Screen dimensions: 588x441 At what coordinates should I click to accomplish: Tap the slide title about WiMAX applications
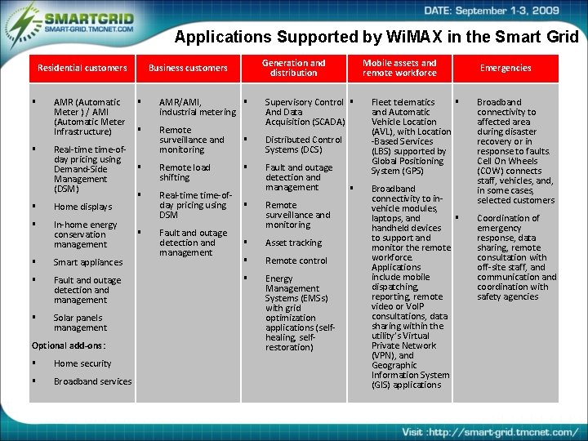coord(376,37)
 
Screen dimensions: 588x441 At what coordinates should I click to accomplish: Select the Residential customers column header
coord(82,68)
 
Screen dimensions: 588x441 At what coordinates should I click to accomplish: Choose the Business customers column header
coord(188,68)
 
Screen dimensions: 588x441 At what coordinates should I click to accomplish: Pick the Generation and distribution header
coord(294,68)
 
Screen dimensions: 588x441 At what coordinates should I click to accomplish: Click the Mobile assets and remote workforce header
coord(399,68)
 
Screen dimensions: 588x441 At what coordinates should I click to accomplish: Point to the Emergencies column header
coord(506,68)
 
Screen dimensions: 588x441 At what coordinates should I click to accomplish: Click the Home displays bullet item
coord(82,207)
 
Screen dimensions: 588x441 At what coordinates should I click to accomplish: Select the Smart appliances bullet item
coord(88,262)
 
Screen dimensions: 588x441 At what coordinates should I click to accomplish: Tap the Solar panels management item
coord(80,323)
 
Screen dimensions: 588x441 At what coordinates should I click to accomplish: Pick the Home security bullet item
coord(82,363)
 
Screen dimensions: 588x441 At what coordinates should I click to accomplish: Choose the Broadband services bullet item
coord(92,381)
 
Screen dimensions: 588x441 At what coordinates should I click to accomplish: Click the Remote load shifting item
coord(185,172)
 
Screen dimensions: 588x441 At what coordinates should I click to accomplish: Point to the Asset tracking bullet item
coord(293,243)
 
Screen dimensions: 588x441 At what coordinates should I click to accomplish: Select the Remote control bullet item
coord(296,261)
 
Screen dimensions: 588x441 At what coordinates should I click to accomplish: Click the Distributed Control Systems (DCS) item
coord(303,145)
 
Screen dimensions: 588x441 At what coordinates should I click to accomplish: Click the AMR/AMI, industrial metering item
coord(197,107)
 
